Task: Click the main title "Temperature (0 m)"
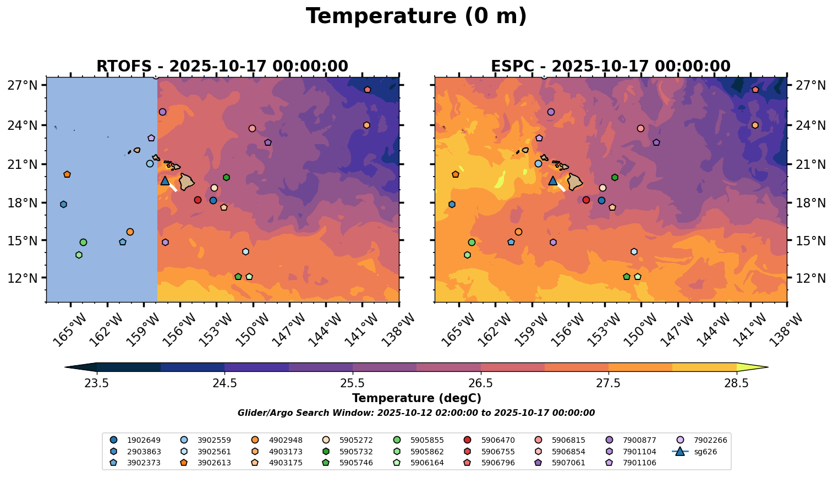416,17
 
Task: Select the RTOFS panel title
222,66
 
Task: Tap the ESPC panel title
610,66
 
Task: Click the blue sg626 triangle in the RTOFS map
165,180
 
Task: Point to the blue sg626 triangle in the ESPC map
553,180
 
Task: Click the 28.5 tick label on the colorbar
736,383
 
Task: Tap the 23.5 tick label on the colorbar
96,383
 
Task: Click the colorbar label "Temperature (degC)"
416,398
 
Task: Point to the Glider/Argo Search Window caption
416,413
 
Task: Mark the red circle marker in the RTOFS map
198,200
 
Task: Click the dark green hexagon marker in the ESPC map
615,177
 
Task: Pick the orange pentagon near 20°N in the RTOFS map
67,174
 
